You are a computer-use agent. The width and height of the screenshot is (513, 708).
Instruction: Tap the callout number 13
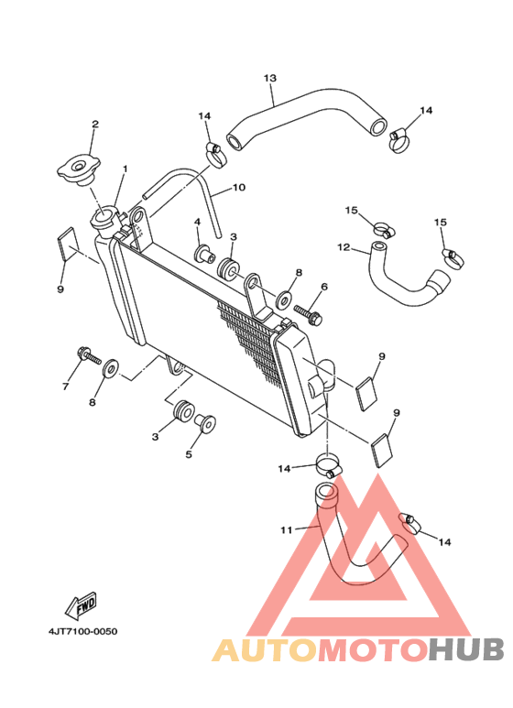click(270, 78)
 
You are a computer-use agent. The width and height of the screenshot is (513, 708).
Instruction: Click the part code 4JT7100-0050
click(83, 631)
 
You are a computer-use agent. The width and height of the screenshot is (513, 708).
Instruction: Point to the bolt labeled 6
click(309, 314)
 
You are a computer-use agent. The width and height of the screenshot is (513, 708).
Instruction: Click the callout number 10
click(239, 187)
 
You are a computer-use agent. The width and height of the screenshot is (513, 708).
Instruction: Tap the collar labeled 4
click(204, 254)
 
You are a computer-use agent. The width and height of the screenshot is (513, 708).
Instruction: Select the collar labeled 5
click(205, 422)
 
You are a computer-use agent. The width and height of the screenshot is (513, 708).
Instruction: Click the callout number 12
click(344, 247)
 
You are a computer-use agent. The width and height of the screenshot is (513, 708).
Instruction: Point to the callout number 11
click(287, 529)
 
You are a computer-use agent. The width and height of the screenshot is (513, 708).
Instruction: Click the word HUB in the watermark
click(465, 649)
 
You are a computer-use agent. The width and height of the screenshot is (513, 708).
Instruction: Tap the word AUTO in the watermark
click(266, 649)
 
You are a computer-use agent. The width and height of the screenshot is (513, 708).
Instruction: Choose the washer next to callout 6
click(284, 300)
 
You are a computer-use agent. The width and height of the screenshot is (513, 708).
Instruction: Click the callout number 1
click(126, 169)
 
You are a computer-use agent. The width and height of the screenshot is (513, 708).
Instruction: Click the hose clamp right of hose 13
click(399, 140)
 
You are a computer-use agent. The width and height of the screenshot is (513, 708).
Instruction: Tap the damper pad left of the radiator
click(66, 244)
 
